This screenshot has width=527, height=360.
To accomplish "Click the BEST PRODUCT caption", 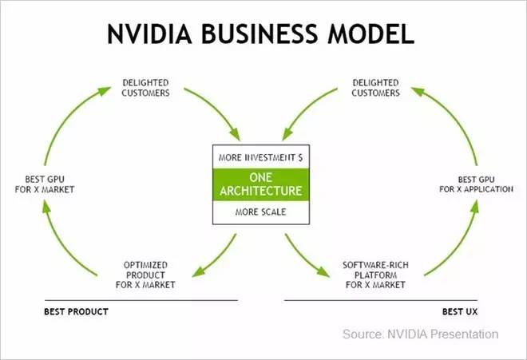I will pyautogui.click(x=76, y=311).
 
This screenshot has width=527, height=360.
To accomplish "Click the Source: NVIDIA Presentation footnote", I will pyautogui.click(x=420, y=334).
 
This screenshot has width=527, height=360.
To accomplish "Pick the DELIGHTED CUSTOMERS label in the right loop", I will pyautogui.click(x=375, y=87).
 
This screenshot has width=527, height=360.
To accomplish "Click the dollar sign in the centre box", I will pyautogui.click(x=299, y=158).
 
